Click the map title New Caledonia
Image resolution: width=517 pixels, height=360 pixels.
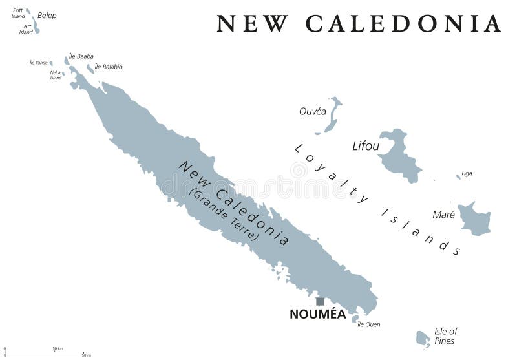coord(359,23)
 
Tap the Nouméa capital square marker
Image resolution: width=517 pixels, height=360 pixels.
coord(319,301)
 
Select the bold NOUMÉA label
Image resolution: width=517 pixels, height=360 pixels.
coord(318,315)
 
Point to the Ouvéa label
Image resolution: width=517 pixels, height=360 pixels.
coord(312,111)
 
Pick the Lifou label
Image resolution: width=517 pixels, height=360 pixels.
coord(366,146)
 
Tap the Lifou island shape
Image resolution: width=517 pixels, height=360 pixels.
coord(397,155)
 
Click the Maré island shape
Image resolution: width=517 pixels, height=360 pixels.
coord(474,218)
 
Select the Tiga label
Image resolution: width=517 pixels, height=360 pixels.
coord(466,173)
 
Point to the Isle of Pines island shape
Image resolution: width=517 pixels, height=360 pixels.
coord(422,337)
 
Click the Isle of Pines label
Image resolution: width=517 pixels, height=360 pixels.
coord(445,336)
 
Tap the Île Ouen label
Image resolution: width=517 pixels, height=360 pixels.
coord(369,324)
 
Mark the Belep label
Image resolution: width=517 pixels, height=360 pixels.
coord(47,16)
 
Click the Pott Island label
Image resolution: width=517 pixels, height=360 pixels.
coord(18,13)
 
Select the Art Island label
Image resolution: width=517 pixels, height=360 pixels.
coord(26,29)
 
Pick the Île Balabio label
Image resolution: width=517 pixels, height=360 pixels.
coord(109,67)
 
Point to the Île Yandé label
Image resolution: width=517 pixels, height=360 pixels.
coord(39,63)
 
